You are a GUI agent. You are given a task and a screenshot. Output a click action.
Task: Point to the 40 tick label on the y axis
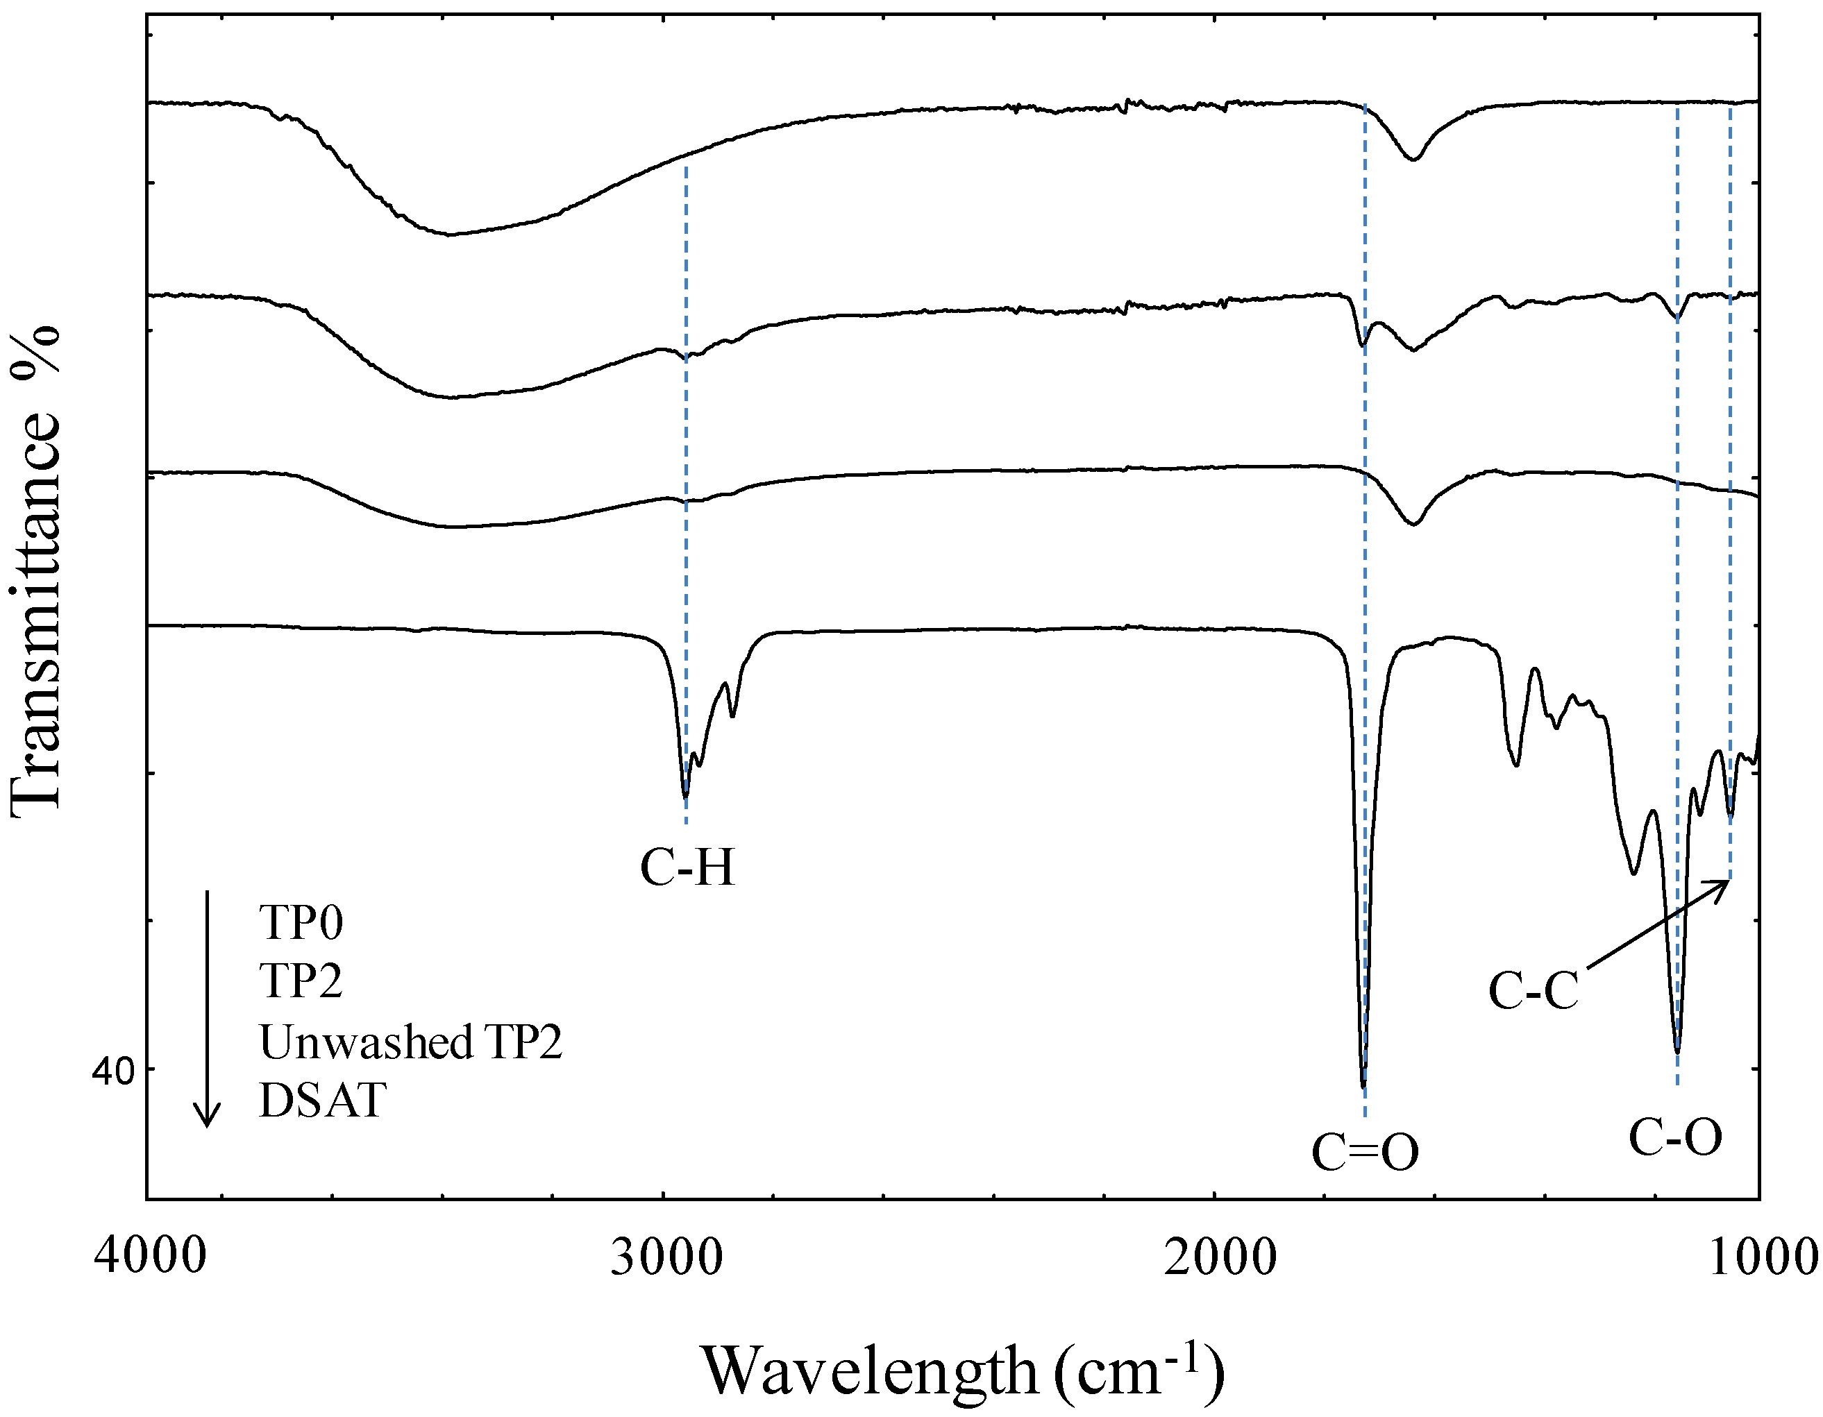click(x=112, y=1071)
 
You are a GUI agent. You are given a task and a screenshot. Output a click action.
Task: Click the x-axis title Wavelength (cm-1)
click(x=964, y=1372)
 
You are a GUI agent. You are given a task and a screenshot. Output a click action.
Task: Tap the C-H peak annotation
click(x=688, y=868)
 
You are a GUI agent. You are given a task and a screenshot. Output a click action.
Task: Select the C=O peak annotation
click(x=1366, y=1153)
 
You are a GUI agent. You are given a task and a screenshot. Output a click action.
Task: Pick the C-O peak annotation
click(x=1676, y=1138)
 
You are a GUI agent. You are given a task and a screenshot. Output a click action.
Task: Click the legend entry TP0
click(x=301, y=923)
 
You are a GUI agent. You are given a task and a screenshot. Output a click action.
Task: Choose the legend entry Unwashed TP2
click(x=411, y=1042)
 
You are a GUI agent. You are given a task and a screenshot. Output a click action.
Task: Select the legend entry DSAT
click(x=323, y=1101)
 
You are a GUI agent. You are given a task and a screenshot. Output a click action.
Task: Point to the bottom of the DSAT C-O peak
click(x=1678, y=1052)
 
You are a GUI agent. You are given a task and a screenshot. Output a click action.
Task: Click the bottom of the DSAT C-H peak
click(x=686, y=797)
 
